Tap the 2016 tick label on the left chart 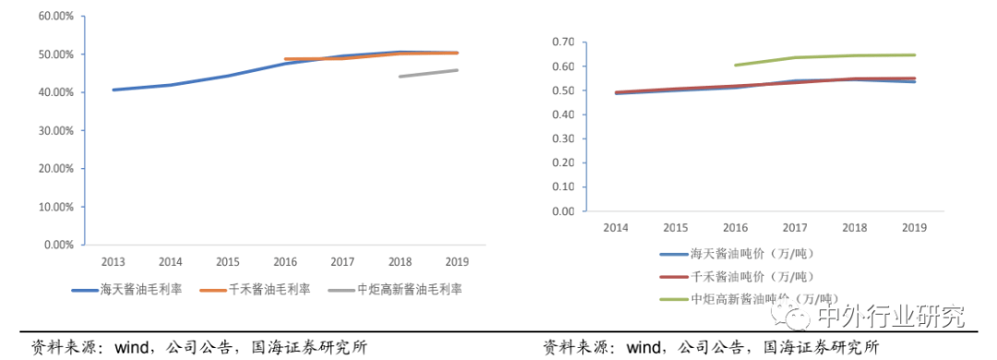point(284,261)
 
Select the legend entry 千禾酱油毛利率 point(276,289)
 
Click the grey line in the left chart point(428,73)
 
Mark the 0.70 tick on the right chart point(563,42)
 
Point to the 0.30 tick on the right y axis point(563,138)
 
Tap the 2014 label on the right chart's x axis point(617,226)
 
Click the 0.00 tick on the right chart point(563,210)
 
